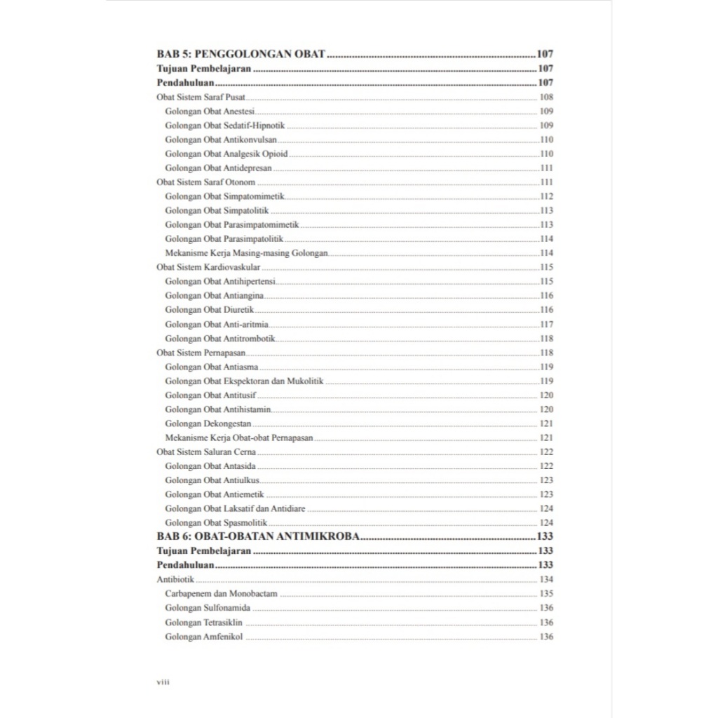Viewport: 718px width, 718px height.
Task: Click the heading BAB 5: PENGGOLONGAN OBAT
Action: [241, 54]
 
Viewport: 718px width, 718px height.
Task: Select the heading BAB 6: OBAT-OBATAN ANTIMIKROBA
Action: [258, 536]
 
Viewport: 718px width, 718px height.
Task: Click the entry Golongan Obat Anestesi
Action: [210, 111]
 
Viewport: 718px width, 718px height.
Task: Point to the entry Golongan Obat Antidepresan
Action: [218, 168]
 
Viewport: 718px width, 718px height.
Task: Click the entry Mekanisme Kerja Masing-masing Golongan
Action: [246, 252]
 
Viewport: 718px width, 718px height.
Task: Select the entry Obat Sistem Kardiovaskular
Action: [208, 267]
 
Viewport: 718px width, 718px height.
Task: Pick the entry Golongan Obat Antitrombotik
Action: [220, 338]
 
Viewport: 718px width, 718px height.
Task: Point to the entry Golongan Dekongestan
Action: [208, 424]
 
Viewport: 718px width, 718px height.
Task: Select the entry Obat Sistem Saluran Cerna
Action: [206, 452]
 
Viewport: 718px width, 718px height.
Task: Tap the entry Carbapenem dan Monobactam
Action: [221, 593]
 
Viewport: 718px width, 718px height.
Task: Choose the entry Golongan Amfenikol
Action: [204, 636]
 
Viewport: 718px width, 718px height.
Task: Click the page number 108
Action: [546, 97]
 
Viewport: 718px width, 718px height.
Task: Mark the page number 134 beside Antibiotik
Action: [546, 579]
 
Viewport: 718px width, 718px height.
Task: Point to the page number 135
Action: [546, 593]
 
